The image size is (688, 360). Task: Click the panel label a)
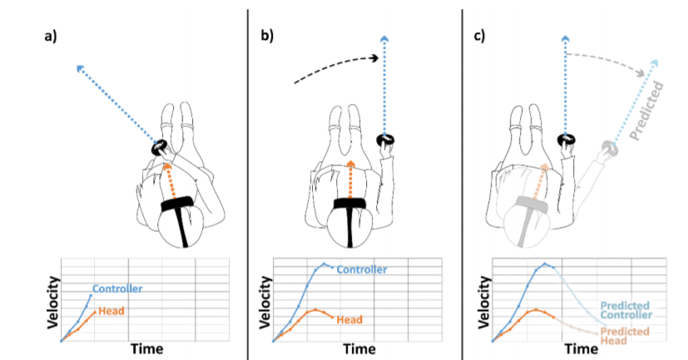click(51, 36)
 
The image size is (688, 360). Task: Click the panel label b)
click(267, 36)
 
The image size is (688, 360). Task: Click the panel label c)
click(479, 36)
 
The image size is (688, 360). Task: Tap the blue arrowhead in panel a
click(81, 69)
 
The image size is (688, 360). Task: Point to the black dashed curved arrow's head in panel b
click(374, 58)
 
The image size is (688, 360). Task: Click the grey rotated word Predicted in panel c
click(646, 110)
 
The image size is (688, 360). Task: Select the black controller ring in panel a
click(159, 147)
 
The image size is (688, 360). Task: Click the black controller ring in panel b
click(385, 140)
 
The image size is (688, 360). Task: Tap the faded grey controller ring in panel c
click(610, 148)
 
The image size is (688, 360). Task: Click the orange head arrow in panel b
click(350, 180)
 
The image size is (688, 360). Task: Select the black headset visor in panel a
click(178, 204)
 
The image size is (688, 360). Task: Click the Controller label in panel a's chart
click(117, 288)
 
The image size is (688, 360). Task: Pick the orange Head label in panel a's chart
click(111, 311)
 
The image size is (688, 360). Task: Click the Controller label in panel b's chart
click(362, 269)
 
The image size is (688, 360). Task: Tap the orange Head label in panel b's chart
click(349, 319)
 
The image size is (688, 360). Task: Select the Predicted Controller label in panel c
click(626, 310)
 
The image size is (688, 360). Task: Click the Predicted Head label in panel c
click(625, 336)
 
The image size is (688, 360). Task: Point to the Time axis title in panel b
click(359, 349)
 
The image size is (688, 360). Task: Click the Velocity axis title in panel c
click(484, 303)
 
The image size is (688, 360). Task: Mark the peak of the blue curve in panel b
click(324, 264)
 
